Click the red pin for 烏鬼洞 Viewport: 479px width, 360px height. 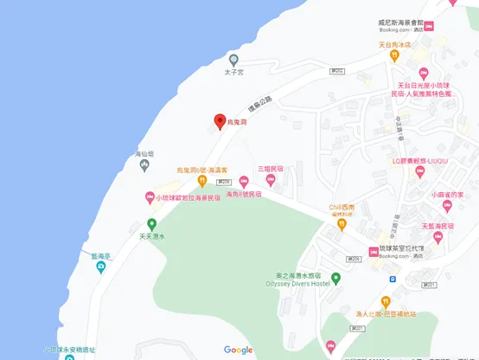[x=220, y=121]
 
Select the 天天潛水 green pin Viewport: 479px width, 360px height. [x=152, y=224]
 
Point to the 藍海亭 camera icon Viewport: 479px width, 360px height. [x=101, y=267]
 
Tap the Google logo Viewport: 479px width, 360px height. [x=239, y=350]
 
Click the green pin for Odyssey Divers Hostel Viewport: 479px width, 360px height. [x=336, y=278]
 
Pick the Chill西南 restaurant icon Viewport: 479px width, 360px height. [x=342, y=224]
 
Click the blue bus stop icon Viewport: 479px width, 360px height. [x=391, y=280]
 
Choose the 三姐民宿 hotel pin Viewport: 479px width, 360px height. [x=270, y=180]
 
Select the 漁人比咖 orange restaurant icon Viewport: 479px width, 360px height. [x=386, y=301]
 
